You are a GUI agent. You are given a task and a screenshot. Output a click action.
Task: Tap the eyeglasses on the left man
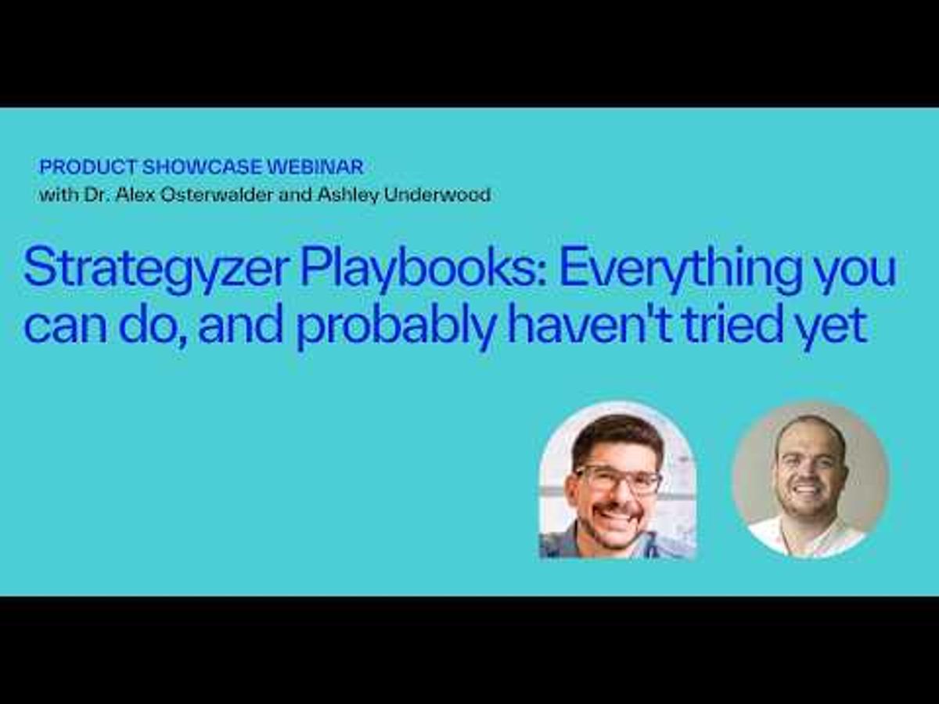[x=617, y=480]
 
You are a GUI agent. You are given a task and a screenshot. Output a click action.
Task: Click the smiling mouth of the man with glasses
[x=618, y=513]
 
